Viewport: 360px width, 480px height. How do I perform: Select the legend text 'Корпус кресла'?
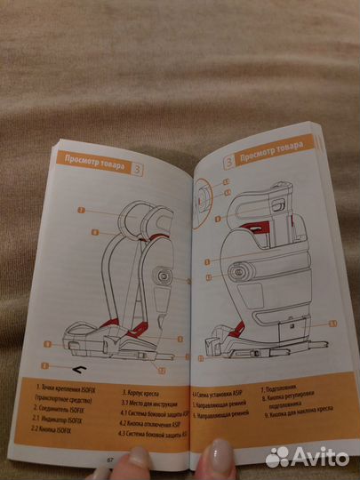143,388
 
